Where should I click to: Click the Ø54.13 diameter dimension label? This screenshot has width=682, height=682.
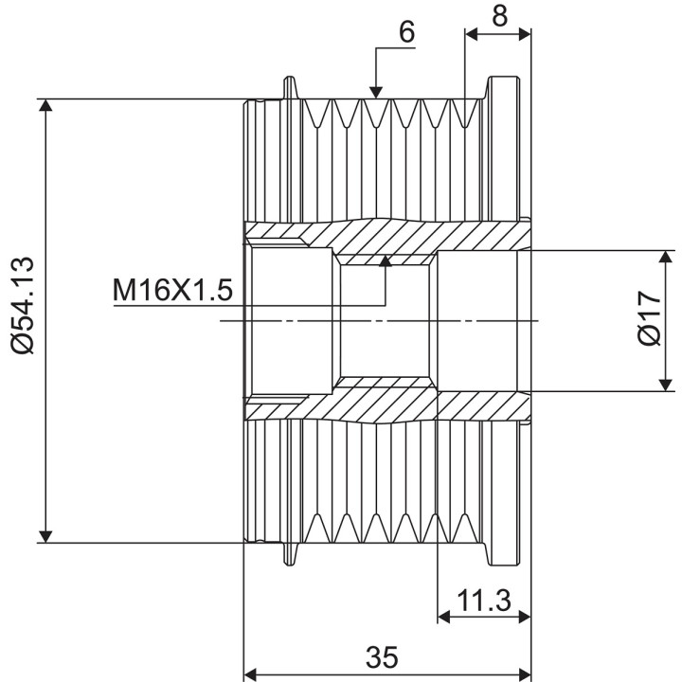(x=22, y=305)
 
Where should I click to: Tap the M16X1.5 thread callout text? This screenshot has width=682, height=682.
(x=172, y=290)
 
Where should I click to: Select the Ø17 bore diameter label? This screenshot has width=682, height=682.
(x=650, y=318)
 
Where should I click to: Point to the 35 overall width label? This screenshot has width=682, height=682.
(x=382, y=656)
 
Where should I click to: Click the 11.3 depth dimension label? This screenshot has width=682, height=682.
(x=484, y=601)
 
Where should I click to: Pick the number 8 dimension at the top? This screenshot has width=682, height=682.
(x=500, y=16)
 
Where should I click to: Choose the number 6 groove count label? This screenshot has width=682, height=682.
(x=406, y=32)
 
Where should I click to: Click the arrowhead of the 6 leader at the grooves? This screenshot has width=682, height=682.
(x=376, y=93)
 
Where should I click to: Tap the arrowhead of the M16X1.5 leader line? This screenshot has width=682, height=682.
(x=385, y=261)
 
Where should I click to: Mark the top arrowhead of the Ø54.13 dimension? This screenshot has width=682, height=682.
(x=45, y=105)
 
